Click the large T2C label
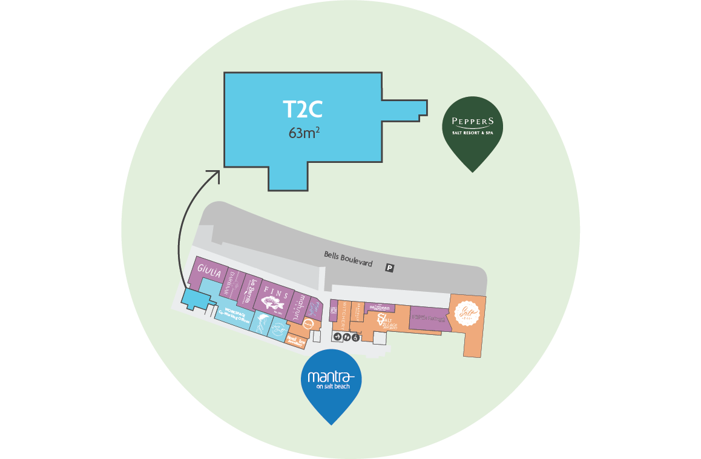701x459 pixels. [303, 109]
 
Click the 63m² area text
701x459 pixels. [304, 133]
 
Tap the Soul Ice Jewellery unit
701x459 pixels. [297, 341]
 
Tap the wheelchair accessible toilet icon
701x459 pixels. [355, 337]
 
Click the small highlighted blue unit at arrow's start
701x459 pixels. [196, 299]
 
